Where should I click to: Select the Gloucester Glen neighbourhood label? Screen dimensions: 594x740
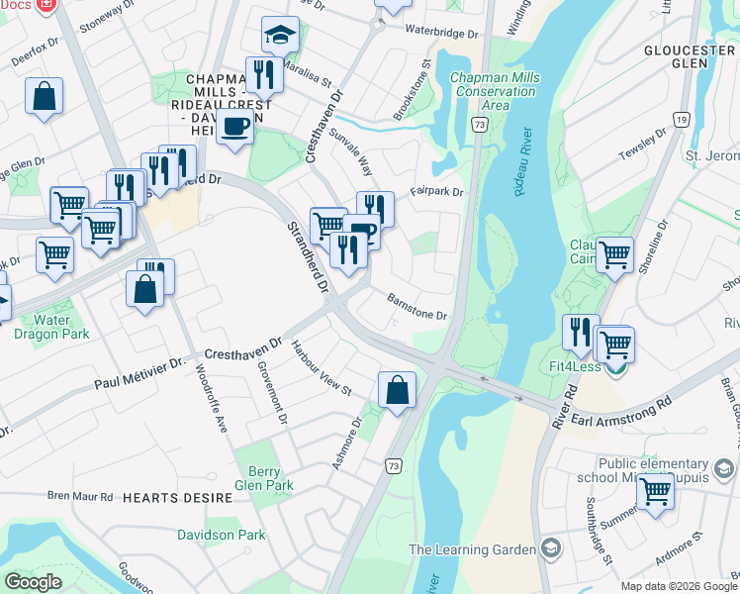click(x=689, y=56)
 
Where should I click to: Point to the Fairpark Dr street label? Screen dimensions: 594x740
click(x=436, y=191)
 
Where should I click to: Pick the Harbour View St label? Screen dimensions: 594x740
click(x=321, y=368)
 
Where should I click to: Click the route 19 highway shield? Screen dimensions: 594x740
click(x=681, y=119)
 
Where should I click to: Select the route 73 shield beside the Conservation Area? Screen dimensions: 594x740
click(x=479, y=125)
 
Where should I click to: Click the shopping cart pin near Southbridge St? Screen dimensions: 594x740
click(x=655, y=490)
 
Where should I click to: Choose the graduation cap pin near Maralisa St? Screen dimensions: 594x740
click(x=280, y=35)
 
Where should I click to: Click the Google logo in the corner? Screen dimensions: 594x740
click(x=34, y=582)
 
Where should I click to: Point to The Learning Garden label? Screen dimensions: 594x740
click(x=472, y=549)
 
